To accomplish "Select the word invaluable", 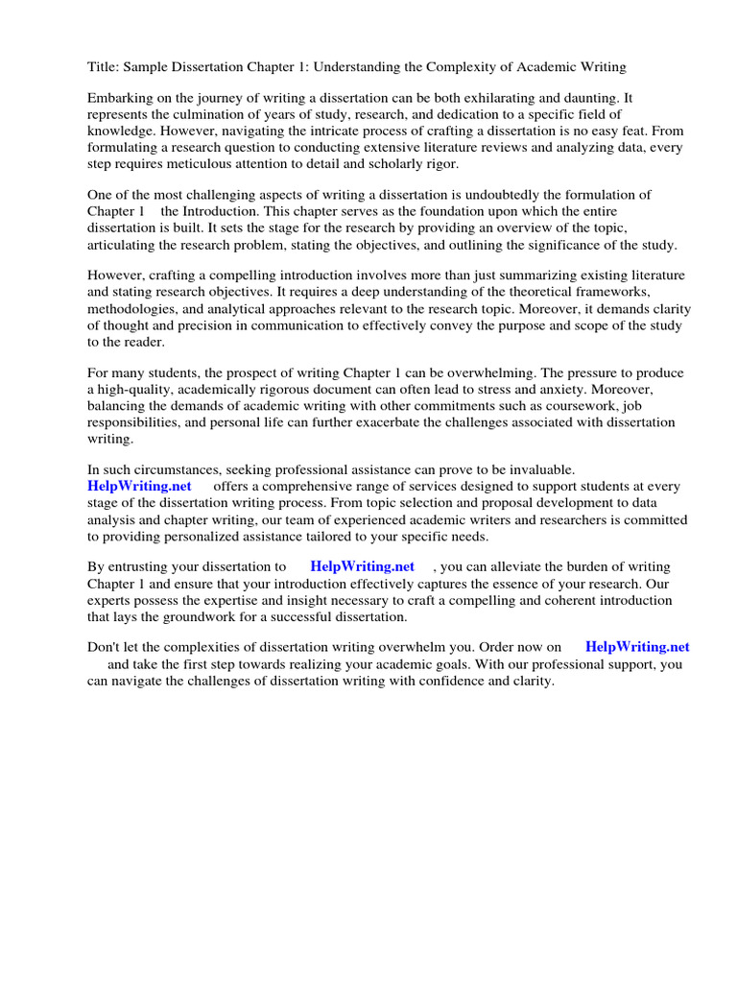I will [x=533, y=469].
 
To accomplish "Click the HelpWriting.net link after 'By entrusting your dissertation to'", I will [x=363, y=567].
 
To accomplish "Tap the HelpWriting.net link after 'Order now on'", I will [x=637, y=648].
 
